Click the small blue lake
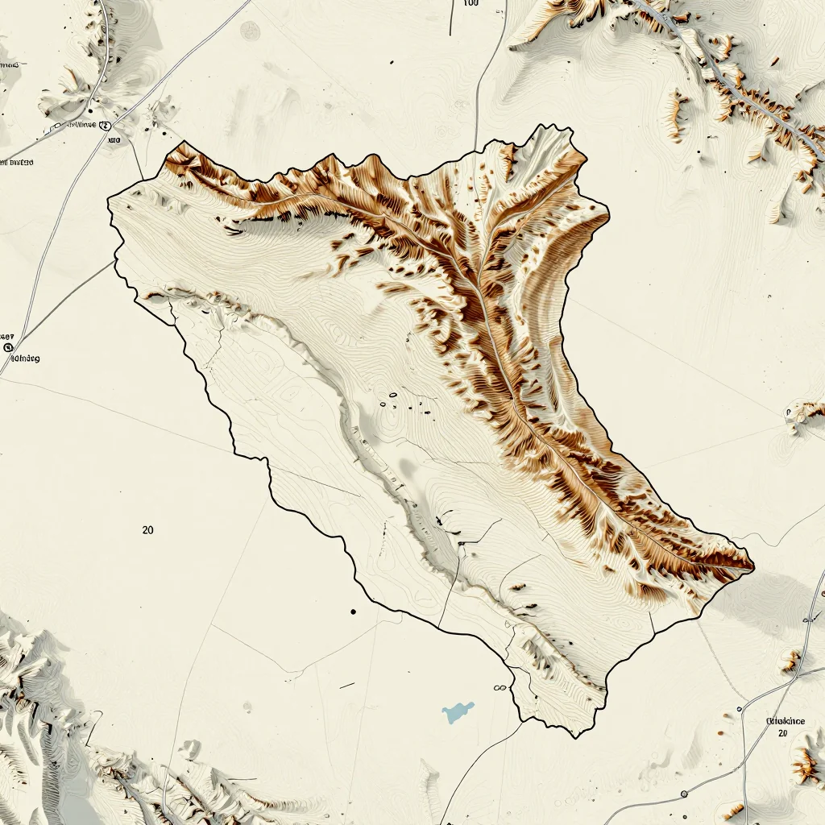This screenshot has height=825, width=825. (x=457, y=711)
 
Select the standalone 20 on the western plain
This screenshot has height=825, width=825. (x=147, y=530)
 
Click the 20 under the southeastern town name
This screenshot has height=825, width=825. (x=781, y=733)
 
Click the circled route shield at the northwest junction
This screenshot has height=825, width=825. (x=103, y=126)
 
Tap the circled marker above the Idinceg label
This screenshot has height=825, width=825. (x=9, y=347)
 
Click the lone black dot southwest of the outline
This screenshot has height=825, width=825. (x=353, y=612)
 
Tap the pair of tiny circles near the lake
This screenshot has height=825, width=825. (x=499, y=688)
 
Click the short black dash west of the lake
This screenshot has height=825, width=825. (x=346, y=686)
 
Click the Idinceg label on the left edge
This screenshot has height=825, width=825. (x=23, y=358)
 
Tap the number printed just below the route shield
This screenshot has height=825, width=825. (x=113, y=140)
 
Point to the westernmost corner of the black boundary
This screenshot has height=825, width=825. (x=108, y=201)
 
